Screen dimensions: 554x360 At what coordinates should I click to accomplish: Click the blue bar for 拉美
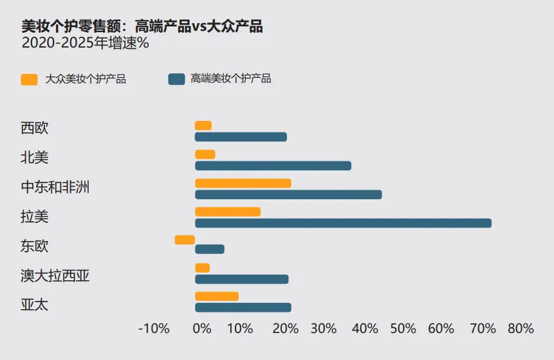pos(343,223)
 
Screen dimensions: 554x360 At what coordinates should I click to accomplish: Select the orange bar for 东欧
pos(185,240)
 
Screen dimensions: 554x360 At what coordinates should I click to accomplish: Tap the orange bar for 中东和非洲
pos(243,183)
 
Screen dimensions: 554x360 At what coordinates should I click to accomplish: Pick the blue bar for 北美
pos(273,165)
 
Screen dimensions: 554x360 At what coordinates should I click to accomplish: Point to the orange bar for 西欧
pos(203,125)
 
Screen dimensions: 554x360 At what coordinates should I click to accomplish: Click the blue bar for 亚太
pos(243,307)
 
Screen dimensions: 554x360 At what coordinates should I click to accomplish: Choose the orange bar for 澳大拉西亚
pos(203,268)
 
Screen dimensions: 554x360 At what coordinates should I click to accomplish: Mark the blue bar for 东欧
pos(210,249)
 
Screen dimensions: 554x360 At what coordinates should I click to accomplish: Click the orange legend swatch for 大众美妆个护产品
pos(30,80)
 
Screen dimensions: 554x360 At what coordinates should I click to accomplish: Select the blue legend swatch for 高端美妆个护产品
pos(177,79)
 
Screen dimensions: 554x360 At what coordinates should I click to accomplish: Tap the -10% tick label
pos(154,328)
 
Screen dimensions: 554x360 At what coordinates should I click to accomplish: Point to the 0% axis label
pos(202,328)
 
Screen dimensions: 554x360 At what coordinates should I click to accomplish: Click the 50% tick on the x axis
pos(403,328)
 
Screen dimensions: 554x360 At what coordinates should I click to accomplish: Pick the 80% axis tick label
pos(521,328)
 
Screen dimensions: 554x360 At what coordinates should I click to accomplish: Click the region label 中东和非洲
pos(55,187)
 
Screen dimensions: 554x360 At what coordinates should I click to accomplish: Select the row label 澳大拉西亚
pos(55,276)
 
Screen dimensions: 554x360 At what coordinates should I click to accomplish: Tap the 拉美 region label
pos(35,217)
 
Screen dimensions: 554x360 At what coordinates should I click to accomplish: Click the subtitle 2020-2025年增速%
pos(86,43)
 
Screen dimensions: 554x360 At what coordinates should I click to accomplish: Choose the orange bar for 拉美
pos(228,212)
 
